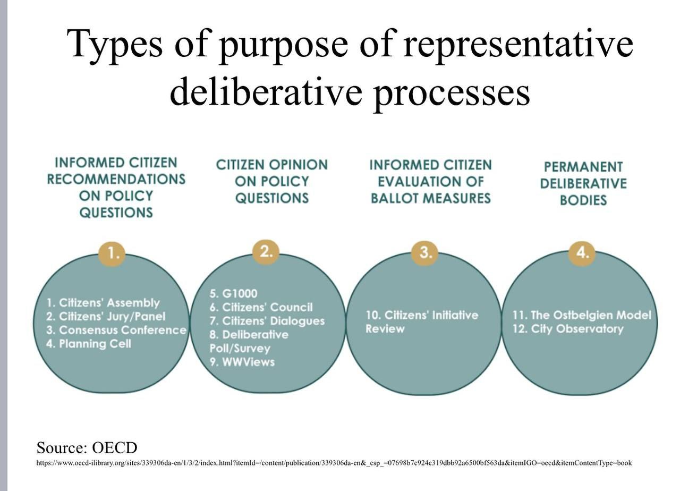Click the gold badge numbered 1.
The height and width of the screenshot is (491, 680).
click(x=112, y=253)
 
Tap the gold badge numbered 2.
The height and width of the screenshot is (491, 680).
click(x=266, y=252)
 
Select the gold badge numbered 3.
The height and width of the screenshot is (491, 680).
click(x=424, y=252)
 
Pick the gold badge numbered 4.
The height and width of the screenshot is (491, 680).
click(x=581, y=253)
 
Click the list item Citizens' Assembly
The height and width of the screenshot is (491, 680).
click(x=103, y=303)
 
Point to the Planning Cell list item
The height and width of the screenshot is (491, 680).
click(x=89, y=344)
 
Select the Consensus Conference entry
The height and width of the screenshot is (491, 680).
click(x=116, y=330)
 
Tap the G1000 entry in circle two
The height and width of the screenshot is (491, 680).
click(x=233, y=294)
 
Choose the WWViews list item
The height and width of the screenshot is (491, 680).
click(x=242, y=362)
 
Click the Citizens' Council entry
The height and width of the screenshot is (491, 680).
click(x=261, y=307)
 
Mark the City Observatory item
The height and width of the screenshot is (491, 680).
click(x=568, y=329)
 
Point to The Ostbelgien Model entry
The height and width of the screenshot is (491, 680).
click(x=582, y=315)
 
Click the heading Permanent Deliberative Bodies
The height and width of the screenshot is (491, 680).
click(x=583, y=183)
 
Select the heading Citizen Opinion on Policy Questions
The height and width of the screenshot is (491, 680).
click(x=272, y=181)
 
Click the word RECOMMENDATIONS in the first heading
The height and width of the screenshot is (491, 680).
click(x=116, y=179)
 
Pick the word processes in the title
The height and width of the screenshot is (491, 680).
click(x=452, y=92)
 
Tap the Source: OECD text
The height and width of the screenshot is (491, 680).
click(x=87, y=447)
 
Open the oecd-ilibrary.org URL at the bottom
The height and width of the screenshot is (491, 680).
click(x=334, y=463)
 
